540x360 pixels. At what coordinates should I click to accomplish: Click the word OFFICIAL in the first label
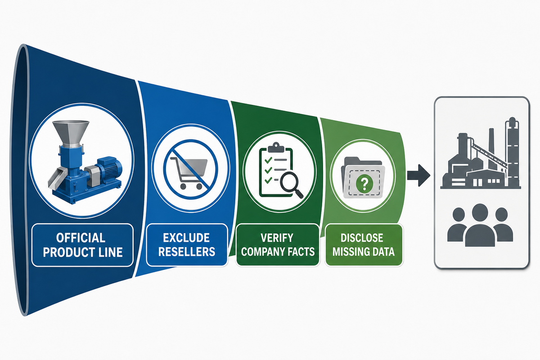(x=81, y=238)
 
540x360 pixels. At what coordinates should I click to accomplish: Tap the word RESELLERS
(x=187, y=252)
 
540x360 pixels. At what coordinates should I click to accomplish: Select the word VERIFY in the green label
(x=277, y=238)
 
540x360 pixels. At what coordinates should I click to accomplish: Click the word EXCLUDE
(x=186, y=238)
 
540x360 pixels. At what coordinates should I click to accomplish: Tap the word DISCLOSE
(x=362, y=238)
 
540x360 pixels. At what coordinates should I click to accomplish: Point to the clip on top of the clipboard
(x=276, y=147)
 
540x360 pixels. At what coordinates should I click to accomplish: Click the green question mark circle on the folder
(x=364, y=184)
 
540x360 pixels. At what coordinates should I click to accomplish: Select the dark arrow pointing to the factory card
(x=418, y=175)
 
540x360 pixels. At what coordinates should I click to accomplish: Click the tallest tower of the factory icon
(x=512, y=152)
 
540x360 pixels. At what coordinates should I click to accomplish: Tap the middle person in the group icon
(x=480, y=225)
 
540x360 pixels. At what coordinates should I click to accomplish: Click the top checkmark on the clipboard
(x=268, y=160)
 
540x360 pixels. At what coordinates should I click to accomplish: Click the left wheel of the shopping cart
(x=183, y=186)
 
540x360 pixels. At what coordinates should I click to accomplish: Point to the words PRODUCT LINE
(x=83, y=252)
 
